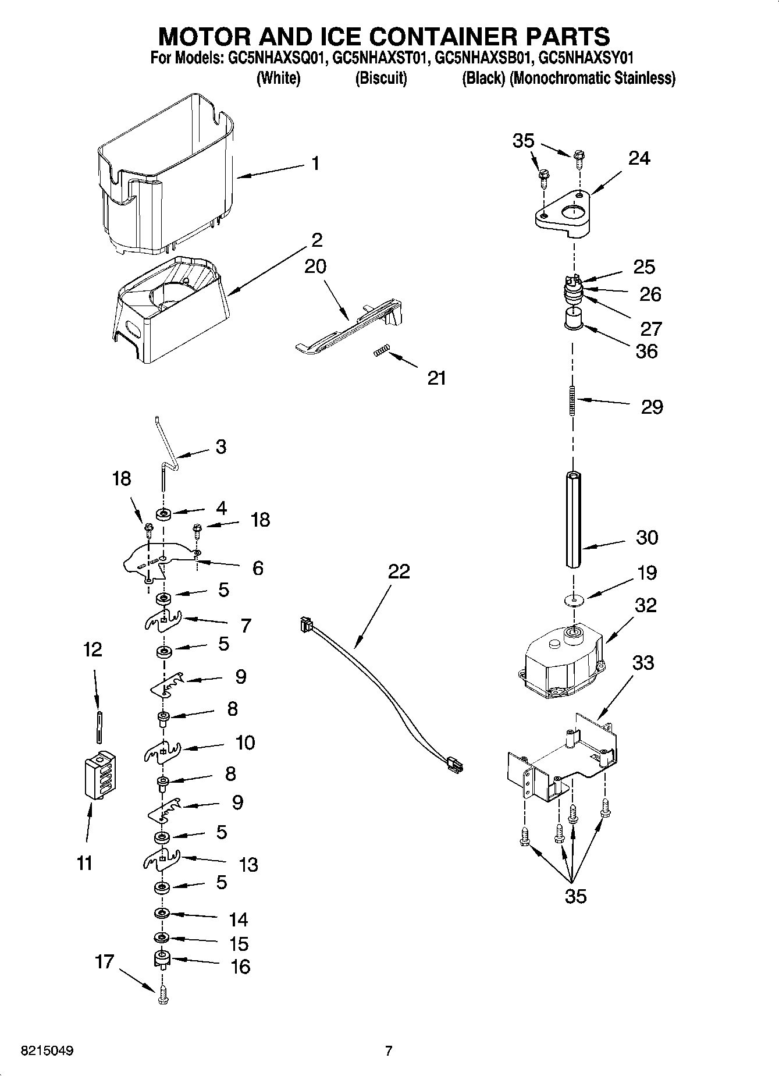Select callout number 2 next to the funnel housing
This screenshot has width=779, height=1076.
pos(316,240)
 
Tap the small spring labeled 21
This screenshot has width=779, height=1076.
pos(380,350)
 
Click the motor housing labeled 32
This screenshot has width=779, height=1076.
pos(561,663)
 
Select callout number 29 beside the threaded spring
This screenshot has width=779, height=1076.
pos(652,406)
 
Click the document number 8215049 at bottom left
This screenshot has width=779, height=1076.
pos(47,1052)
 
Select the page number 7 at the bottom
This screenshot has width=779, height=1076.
pos(389,1051)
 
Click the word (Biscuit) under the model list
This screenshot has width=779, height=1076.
pos(381,78)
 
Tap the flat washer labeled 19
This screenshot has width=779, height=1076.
pos(574,599)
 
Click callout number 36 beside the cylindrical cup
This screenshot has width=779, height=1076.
pos(646,351)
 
